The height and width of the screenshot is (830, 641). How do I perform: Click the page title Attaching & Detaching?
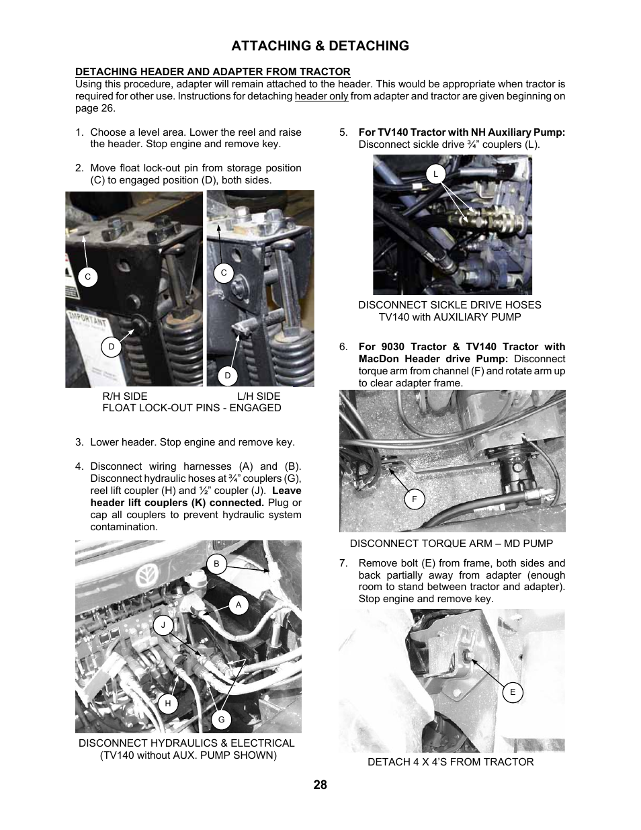320,46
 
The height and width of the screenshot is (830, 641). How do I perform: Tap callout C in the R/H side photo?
87,277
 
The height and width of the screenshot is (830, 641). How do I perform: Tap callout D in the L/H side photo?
228,375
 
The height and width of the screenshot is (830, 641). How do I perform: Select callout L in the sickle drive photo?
435,174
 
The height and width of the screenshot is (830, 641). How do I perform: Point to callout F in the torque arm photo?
415,499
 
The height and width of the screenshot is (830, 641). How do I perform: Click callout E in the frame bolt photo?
513,692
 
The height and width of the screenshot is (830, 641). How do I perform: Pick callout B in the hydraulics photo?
216,564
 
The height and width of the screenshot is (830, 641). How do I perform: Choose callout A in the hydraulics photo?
238,605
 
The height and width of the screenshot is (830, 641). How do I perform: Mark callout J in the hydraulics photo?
163,625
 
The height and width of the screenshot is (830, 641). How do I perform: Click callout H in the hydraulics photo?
168,704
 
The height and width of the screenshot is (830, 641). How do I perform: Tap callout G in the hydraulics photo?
221,720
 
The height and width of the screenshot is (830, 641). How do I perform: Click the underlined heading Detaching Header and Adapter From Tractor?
212,72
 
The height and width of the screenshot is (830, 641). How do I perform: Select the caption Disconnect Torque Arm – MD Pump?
451,544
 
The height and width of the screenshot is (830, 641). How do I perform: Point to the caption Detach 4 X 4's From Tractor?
450,761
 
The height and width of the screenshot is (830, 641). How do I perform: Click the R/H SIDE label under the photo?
124,396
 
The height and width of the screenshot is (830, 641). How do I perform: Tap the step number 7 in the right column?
343,563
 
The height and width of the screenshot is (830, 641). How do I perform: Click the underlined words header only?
321,96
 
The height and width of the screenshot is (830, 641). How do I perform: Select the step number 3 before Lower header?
79,442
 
